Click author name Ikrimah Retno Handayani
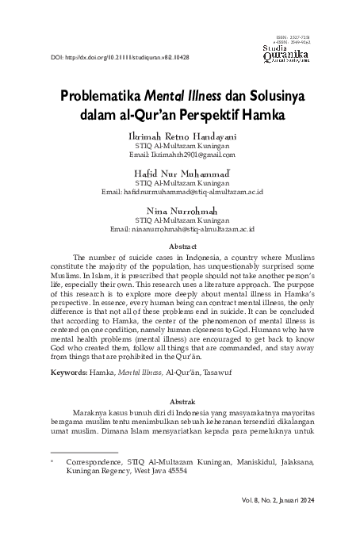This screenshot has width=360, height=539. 179,137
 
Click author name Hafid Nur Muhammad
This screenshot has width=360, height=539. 179,171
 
